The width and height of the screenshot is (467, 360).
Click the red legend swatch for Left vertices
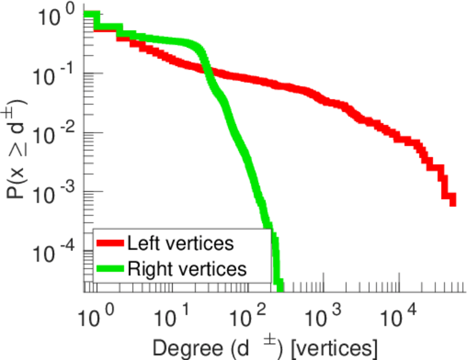point(110,244)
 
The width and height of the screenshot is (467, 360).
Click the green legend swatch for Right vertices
point(110,268)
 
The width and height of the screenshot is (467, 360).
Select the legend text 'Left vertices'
point(180,244)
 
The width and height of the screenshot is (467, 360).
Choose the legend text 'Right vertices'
point(187,268)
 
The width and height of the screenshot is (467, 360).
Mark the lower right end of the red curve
point(452,202)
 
